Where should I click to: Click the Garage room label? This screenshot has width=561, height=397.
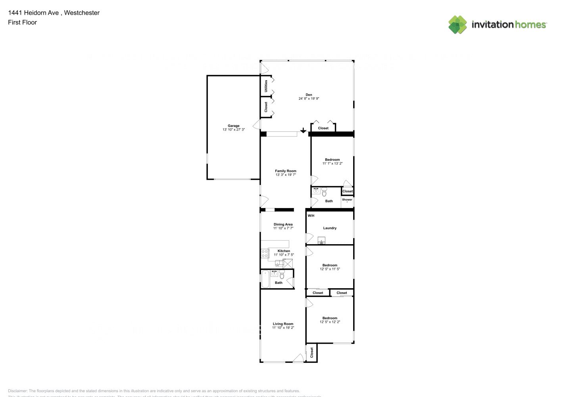pyautogui.click(x=233, y=126)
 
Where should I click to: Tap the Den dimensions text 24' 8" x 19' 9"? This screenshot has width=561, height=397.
pyautogui.click(x=309, y=98)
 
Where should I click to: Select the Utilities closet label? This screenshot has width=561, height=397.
pyautogui.click(x=266, y=86)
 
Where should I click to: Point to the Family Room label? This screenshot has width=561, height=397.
pyautogui.click(x=286, y=171)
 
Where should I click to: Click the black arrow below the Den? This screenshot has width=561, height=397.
pyautogui.click(x=303, y=130)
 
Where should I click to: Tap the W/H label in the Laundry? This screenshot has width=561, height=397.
pyautogui.click(x=311, y=216)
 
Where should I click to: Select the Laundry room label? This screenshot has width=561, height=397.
pyautogui.click(x=330, y=228)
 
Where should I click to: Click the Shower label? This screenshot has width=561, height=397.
pyautogui.click(x=347, y=200)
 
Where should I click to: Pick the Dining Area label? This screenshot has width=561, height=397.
pyautogui.click(x=283, y=224)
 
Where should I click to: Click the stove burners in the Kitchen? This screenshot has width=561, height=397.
pyautogui.click(x=265, y=253)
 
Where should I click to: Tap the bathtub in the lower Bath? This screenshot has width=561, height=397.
pyautogui.click(x=265, y=279)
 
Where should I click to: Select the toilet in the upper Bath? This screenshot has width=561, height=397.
pyautogui.click(x=324, y=192)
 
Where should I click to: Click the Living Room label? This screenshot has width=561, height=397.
pyautogui.click(x=283, y=324)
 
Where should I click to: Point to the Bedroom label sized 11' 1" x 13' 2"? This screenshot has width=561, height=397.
pyautogui.click(x=332, y=160)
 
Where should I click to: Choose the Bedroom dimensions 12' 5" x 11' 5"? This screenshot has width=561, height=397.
pyautogui.click(x=330, y=269)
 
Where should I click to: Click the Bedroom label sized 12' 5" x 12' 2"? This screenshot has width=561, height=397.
pyautogui.click(x=330, y=318)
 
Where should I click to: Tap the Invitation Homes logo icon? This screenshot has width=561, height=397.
pyautogui.click(x=457, y=25)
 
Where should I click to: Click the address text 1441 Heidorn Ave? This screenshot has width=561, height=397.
pyautogui.click(x=33, y=13)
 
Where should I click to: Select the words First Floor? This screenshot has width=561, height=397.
pyautogui.click(x=22, y=22)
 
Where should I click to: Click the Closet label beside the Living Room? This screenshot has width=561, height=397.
pyautogui.click(x=312, y=353)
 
